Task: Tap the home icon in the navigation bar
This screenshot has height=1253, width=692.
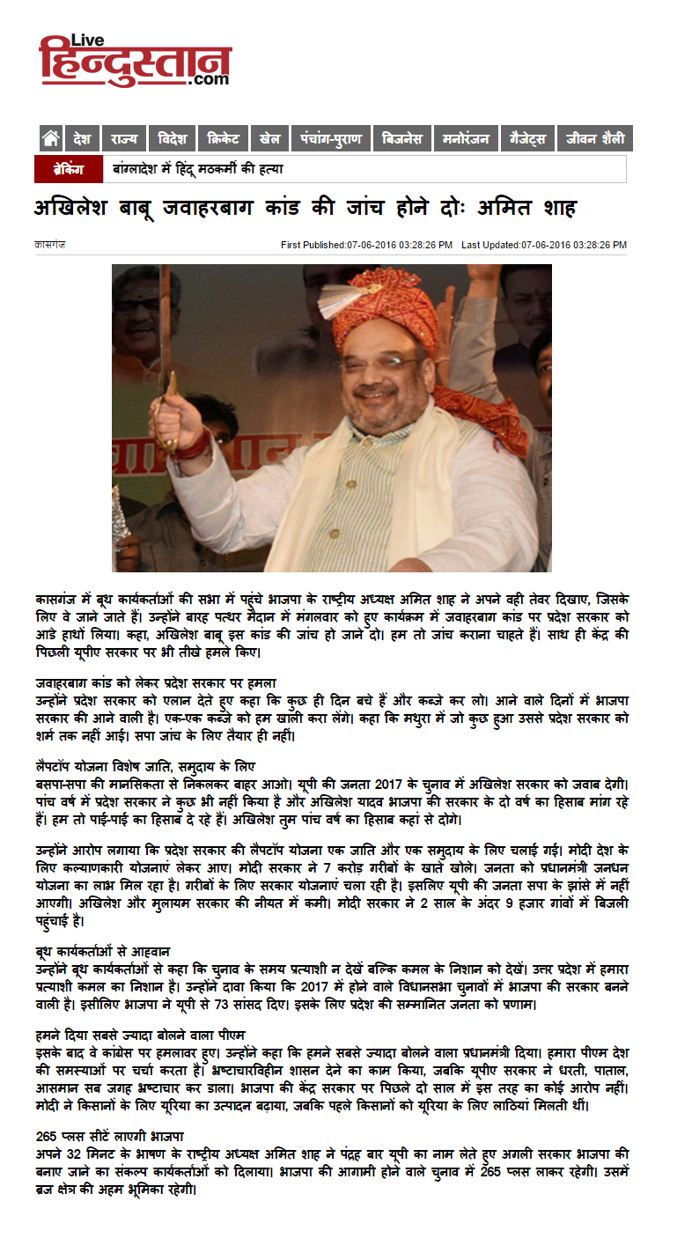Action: (x=51, y=138)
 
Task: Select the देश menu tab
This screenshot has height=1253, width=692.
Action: (x=83, y=138)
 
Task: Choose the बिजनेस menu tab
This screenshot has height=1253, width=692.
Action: (x=402, y=138)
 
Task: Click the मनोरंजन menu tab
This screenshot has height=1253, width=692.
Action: (x=466, y=138)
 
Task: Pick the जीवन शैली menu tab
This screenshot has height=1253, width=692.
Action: (x=595, y=138)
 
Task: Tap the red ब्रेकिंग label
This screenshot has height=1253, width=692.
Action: (x=69, y=169)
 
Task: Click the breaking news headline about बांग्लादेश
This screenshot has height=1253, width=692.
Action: (x=197, y=169)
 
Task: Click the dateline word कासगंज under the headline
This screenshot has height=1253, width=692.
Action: (x=49, y=244)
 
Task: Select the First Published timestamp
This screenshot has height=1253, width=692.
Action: (x=366, y=244)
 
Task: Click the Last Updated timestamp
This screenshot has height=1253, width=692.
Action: (x=543, y=244)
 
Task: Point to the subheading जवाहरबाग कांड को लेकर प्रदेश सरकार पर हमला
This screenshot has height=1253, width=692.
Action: (x=155, y=681)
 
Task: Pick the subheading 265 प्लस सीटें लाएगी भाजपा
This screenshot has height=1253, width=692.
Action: (x=109, y=1135)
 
